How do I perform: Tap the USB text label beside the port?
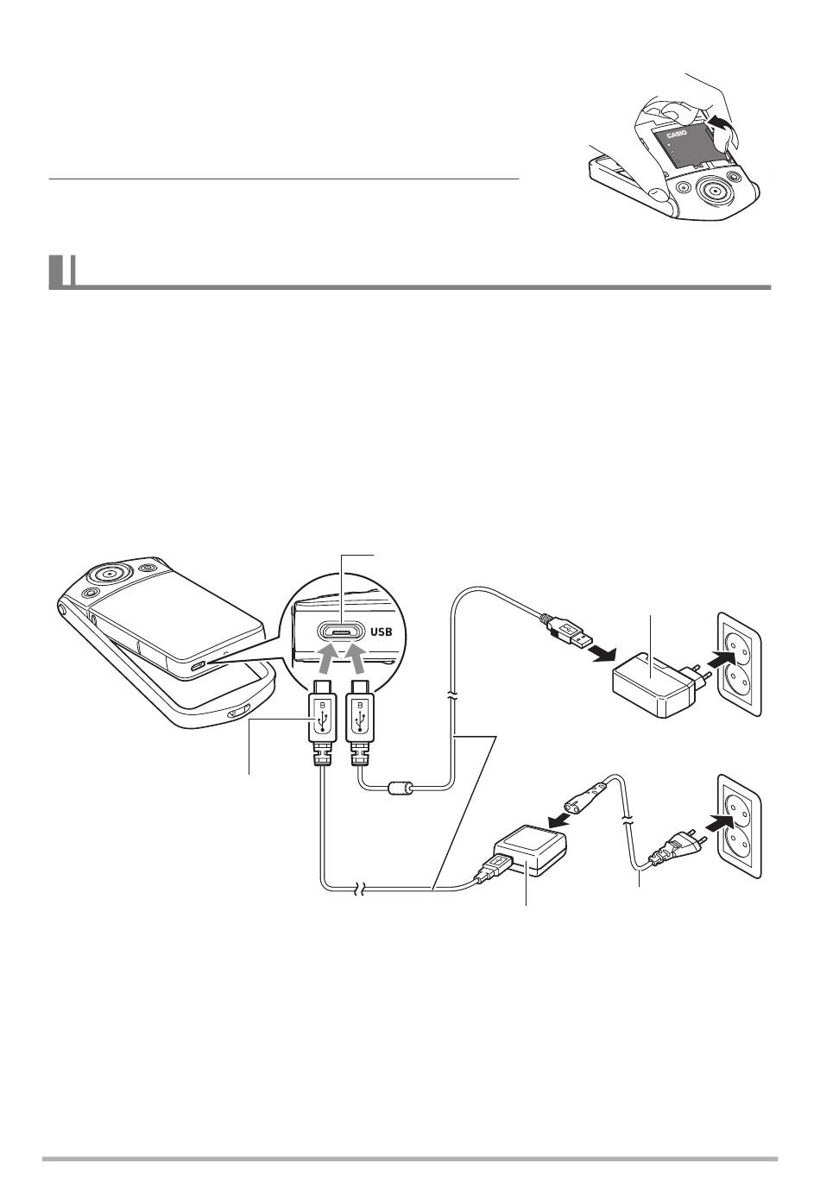click(x=382, y=632)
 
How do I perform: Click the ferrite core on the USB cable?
click(x=401, y=787)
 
